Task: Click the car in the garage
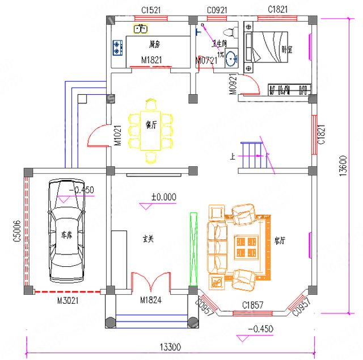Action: tap(66, 230)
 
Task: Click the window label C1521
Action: tap(151, 10)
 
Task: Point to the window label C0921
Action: tap(217, 10)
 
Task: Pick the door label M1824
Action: tap(151, 300)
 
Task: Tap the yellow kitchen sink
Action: tap(140, 28)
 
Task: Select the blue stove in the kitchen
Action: tap(117, 48)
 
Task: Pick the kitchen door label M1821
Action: tap(151, 60)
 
